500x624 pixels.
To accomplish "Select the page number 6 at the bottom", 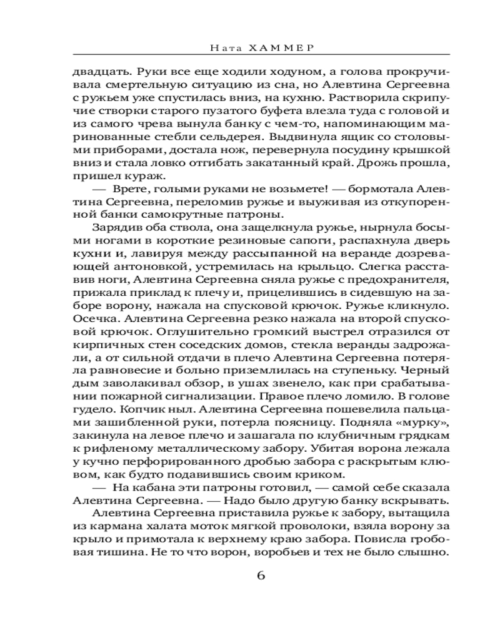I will click(261, 575).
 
